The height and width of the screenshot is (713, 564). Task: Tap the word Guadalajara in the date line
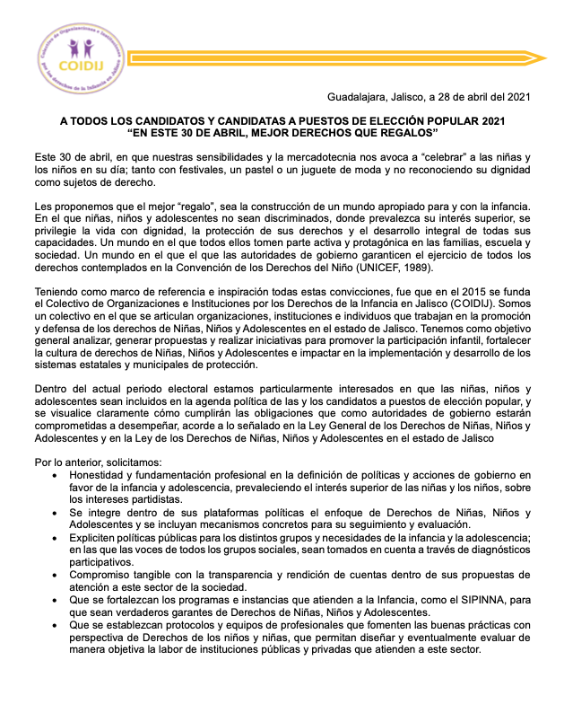tap(358, 97)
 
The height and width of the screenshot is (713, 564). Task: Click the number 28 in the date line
tap(456, 97)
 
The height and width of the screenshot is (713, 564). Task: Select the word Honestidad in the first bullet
tap(100, 474)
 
